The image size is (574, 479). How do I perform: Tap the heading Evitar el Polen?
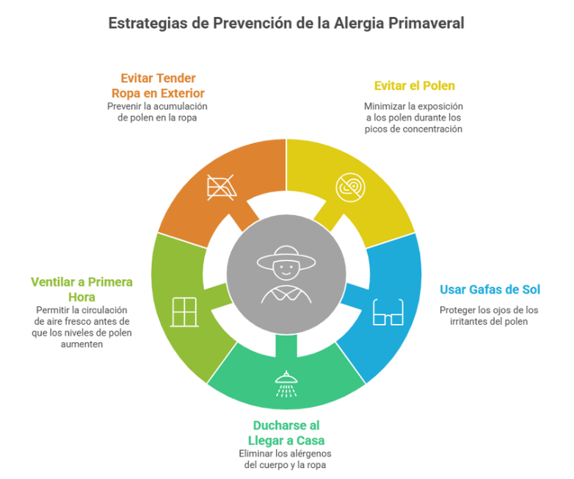pyautogui.click(x=413, y=86)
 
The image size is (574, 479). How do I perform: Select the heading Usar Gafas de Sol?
pyautogui.click(x=489, y=289)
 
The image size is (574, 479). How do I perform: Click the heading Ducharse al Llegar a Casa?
pyautogui.click(x=286, y=433)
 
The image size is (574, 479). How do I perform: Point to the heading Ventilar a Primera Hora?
pyautogui.click(x=81, y=289)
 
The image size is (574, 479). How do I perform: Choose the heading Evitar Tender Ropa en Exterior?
pyautogui.click(x=158, y=85)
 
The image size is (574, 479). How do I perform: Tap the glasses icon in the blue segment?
pyautogui.click(x=388, y=312)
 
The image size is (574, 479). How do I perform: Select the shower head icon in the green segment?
pyautogui.click(x=286, y=383)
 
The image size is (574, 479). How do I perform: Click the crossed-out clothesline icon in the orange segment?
pyautogui.click(x=221, y=187)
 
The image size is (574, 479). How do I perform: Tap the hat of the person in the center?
pyautogui.click(x=286, y=257)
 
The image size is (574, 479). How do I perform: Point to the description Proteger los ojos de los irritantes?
pyautogui.click(x=489, y=315)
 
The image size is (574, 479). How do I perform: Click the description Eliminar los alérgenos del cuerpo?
pyautogui.click(x=286, y=459)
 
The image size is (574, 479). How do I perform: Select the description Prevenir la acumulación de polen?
pyautogui.click(x=158, y=112)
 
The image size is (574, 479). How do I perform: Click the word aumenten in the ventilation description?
pyautogui.click(x=81, y=344)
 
